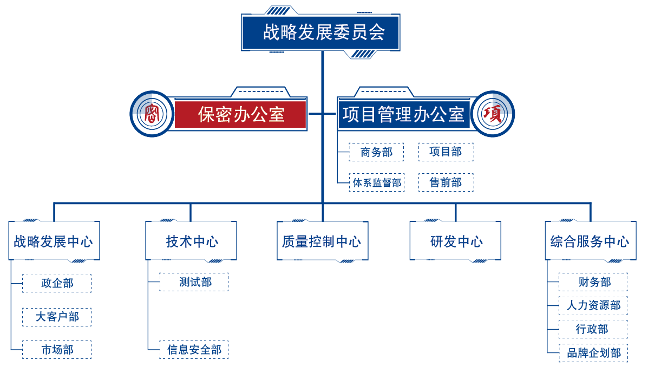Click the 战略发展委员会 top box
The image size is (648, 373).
321,32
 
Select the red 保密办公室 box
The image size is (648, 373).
240,114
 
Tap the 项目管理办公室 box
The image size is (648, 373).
403,114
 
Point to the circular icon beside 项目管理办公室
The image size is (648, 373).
493,114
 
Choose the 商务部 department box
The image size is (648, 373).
376,152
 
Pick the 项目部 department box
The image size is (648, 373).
446,152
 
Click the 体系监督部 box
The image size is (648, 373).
376,182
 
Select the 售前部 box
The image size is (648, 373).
446,182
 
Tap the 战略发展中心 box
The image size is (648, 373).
54,241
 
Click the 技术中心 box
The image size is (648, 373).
191,241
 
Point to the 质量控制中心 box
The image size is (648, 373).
322,241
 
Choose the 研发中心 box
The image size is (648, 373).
455,241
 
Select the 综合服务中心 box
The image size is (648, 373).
590,241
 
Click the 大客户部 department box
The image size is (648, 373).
57,317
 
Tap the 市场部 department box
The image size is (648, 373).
57,349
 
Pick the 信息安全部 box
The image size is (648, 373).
194,349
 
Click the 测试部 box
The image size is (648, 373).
194,282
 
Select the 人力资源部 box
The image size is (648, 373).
593,305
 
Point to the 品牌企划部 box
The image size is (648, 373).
593,353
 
